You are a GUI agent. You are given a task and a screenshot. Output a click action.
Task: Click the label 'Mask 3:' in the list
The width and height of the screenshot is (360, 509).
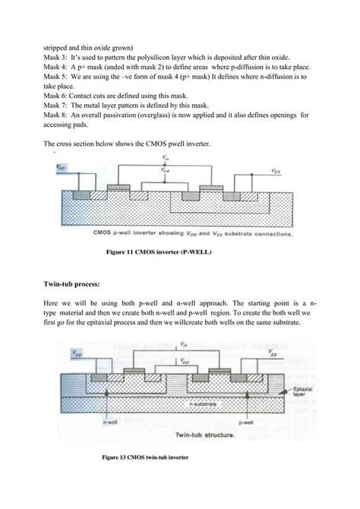pyautogui.click(x=57, y=58)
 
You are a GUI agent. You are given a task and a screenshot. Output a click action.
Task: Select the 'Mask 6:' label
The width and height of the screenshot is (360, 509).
pyautogui.click(x=57, y=100)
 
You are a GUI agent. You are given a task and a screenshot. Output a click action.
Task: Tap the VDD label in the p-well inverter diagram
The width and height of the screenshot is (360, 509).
pyautogui.click(x=63, y=166)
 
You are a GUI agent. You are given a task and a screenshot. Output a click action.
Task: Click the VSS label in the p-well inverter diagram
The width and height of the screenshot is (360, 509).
pyautogui.click(x=284, y=172)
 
